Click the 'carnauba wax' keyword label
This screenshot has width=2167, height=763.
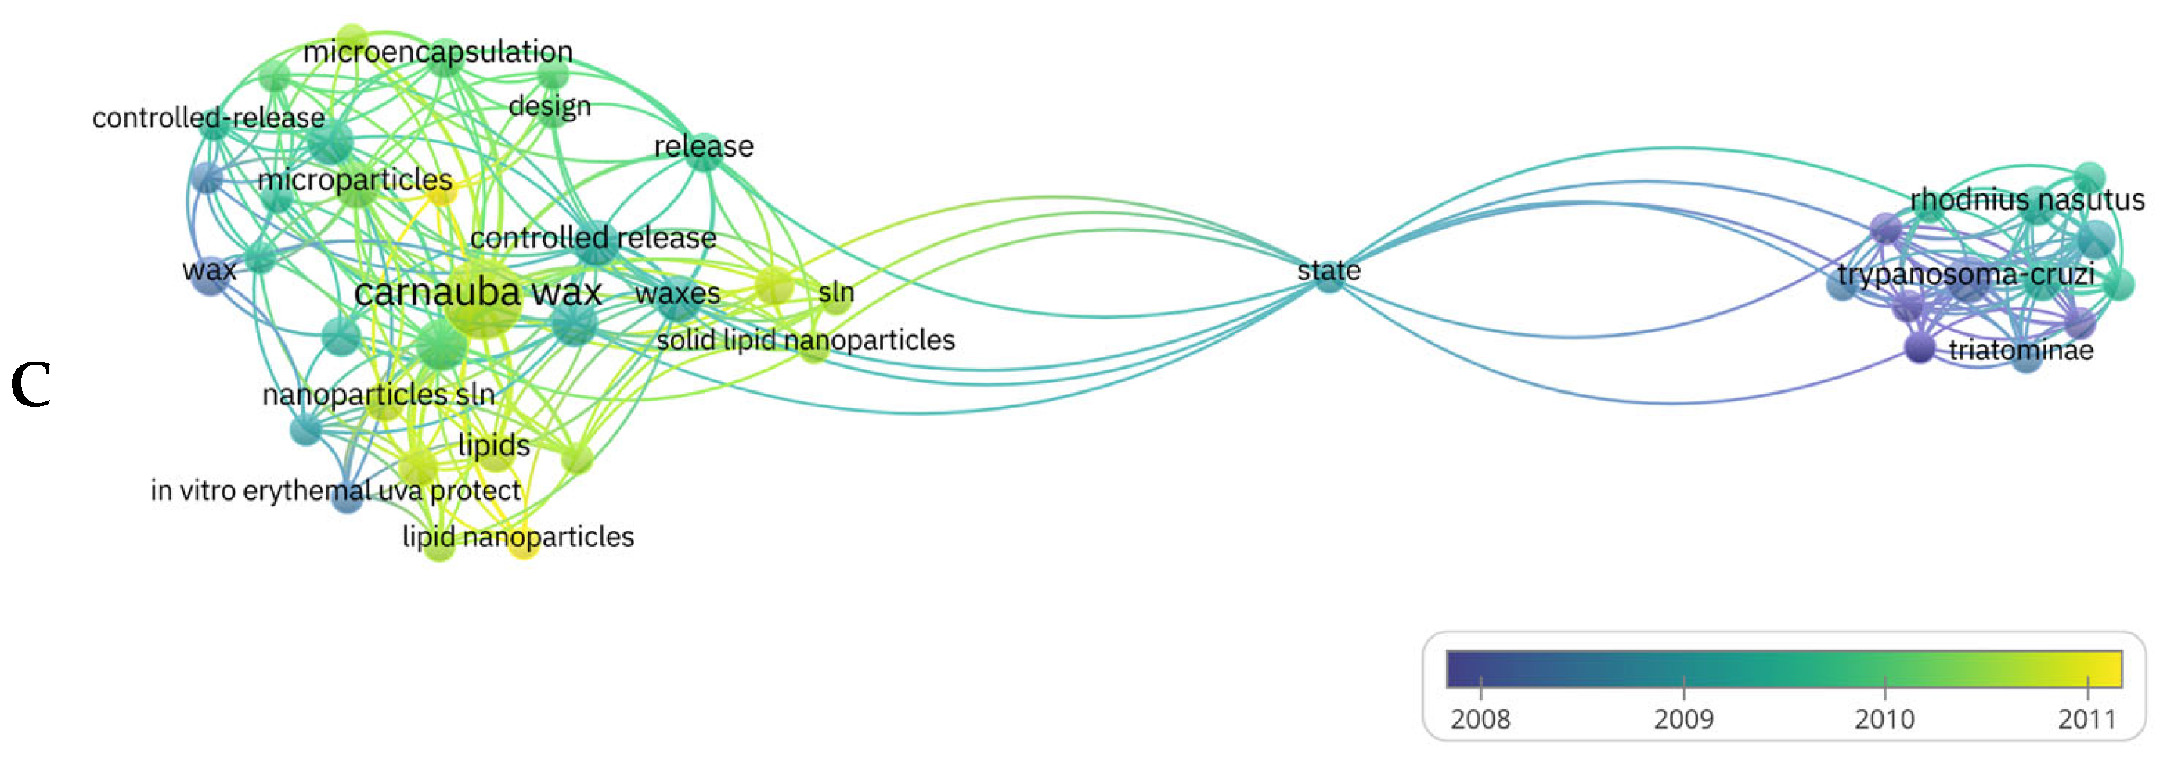[x=478, y=293]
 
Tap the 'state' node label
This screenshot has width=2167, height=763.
[x=1329, y=270]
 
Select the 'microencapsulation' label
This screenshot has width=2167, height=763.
[x=438, y=52]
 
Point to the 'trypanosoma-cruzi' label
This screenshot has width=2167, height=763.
[x=1965, y=274]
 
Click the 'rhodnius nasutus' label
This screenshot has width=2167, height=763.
[x=2027, y=200]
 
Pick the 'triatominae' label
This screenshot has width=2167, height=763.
[x=2021, y=349]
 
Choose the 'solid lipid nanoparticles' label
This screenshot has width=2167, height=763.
[x=805, y=340]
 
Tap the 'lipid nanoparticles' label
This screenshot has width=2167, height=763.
[x=517, y=537]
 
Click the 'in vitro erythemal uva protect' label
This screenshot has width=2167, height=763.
[x=336, y=491]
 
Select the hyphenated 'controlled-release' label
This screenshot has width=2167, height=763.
[x=208, y=117]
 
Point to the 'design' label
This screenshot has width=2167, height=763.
[x=550, y=106]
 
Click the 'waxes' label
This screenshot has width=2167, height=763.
[x=677, y=293]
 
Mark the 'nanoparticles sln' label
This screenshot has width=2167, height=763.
[x=379, y=394]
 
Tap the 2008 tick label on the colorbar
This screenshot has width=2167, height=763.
[x=1480, y=719]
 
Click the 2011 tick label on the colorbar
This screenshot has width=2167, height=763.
[x=2086, y=719]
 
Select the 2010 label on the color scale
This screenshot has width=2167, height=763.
[x=1884, y=719]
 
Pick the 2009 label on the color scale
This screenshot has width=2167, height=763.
[x=1682, y=719]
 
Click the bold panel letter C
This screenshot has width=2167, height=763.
[x=31, y=385]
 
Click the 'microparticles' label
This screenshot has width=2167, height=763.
[x=354, y=179]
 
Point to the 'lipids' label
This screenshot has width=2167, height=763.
[x=494, y=445]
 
